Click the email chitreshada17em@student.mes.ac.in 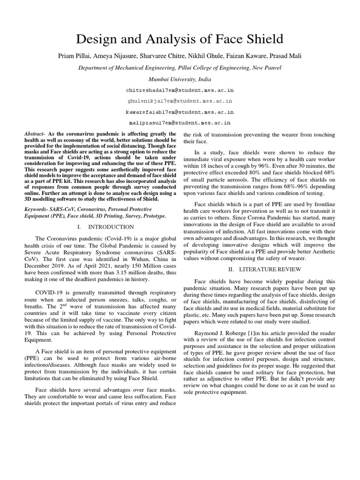(x=180, y=90)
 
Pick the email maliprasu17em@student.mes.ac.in (x=180, y=123)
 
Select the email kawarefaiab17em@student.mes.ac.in (x=180, y=112)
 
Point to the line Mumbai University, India (x=180, y=79)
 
